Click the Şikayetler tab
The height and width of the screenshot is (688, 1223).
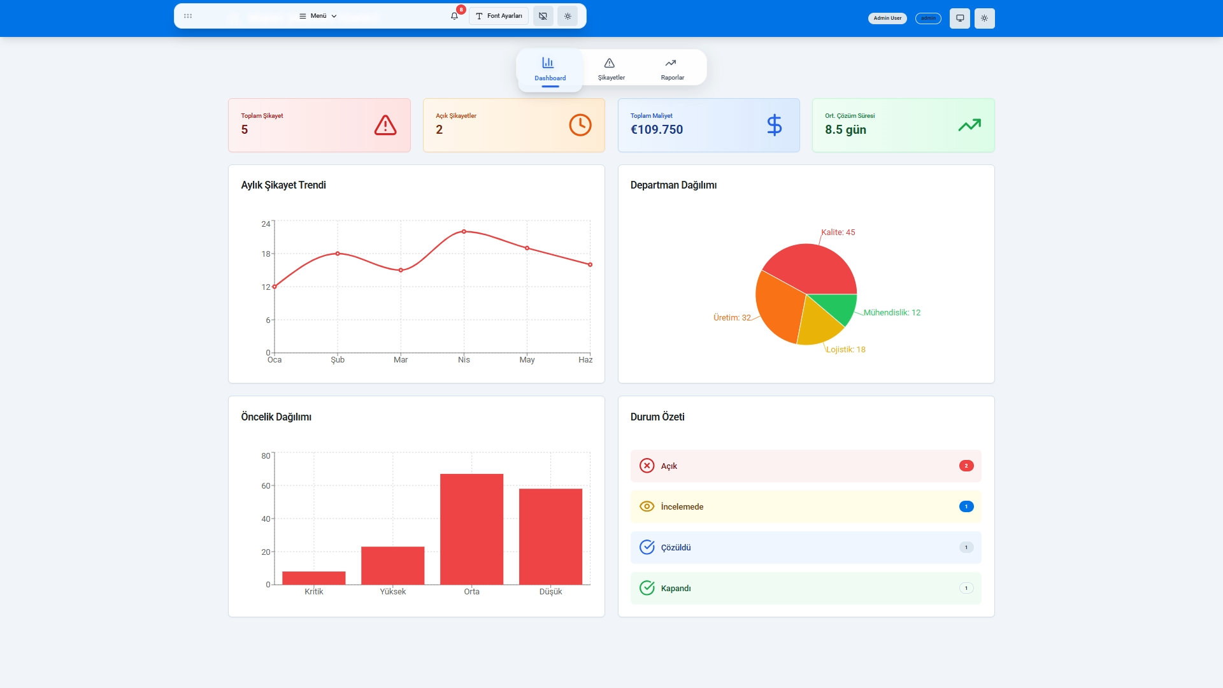611,68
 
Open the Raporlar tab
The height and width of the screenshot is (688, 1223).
672,68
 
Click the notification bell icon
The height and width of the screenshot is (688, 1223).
454,16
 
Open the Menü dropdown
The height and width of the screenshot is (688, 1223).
318,16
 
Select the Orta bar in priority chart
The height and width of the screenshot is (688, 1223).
471,529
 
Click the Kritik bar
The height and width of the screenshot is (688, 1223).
313,578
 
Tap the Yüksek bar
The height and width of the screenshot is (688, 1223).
392,565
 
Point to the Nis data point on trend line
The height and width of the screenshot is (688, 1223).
464,231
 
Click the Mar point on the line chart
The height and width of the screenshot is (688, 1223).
401,270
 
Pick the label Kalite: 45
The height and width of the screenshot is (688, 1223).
838,232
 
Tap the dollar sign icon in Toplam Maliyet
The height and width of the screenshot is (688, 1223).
774,125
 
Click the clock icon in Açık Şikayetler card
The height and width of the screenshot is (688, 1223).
580,125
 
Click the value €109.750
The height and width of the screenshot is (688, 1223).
656,129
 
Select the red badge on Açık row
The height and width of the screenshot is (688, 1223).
966,466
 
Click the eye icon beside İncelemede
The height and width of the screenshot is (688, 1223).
647,506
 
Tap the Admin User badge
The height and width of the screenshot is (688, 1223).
887,18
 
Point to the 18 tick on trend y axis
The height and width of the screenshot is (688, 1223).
266,254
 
